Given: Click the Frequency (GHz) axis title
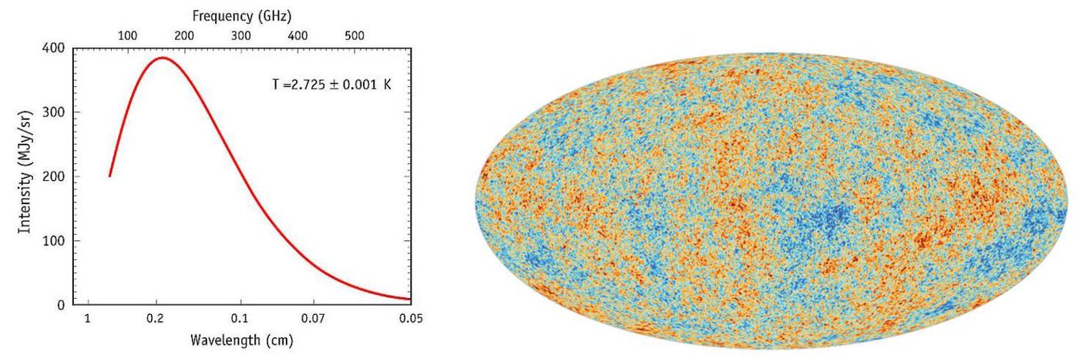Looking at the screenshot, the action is [242, 16].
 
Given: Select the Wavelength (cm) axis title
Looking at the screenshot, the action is [242, 340].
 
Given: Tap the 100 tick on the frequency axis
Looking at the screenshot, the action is [128, 35].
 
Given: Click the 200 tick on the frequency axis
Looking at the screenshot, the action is [184, 35].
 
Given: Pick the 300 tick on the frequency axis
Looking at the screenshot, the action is [240, 35].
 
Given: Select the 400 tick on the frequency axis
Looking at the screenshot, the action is [297, 35].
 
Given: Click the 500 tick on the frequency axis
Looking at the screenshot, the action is [355, 35].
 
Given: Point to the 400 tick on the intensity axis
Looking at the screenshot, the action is [53, 48].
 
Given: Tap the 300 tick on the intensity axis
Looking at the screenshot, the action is [53, 112].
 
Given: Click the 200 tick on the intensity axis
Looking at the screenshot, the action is [53, 176].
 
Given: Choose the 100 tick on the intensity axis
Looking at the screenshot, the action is [53, 241].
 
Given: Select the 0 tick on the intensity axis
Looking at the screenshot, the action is [61, 305].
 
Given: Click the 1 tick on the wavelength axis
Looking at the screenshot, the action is [88, 319].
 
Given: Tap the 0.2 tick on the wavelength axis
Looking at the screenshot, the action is [156, 319].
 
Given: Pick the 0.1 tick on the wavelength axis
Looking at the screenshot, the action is [240, 319].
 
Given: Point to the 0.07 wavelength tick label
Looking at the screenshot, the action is [313, 319].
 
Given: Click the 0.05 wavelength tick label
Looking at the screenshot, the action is [411, 319].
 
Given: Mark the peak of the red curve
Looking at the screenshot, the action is [163, 58].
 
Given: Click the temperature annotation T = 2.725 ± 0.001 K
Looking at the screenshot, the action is [332, 85].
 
